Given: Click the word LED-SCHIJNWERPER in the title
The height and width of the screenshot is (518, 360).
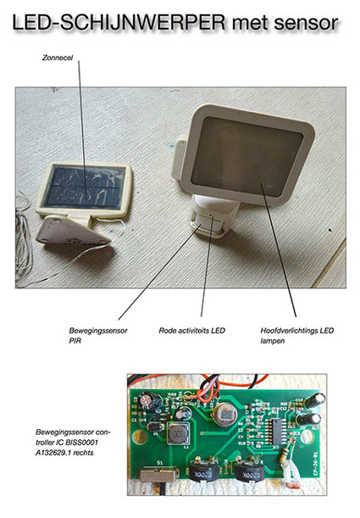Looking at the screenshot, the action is pos(119,22).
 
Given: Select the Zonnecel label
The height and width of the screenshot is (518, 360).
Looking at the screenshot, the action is pos(58,58).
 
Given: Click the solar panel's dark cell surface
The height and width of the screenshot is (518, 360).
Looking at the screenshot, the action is pos(84,187).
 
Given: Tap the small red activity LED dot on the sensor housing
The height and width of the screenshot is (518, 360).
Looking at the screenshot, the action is pos(211,214).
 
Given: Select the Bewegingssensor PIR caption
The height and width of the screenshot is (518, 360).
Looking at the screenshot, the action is pos(98,336).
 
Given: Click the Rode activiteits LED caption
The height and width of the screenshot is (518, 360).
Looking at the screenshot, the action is pos(191,331).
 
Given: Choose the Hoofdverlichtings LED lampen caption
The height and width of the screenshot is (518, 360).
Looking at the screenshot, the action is pos(297,336).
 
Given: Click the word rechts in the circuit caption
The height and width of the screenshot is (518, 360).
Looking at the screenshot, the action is pos(84,453).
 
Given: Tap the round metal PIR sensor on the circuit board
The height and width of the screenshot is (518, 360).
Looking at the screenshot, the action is pos(225,415).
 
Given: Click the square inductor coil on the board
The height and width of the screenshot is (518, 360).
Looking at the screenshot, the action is pos(178,433).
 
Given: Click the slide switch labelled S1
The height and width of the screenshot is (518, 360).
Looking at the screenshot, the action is pos(158,475).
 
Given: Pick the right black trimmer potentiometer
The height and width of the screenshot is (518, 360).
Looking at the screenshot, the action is pos(249,470).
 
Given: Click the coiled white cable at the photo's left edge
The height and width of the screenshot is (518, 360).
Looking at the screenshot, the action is pos(24,241).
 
